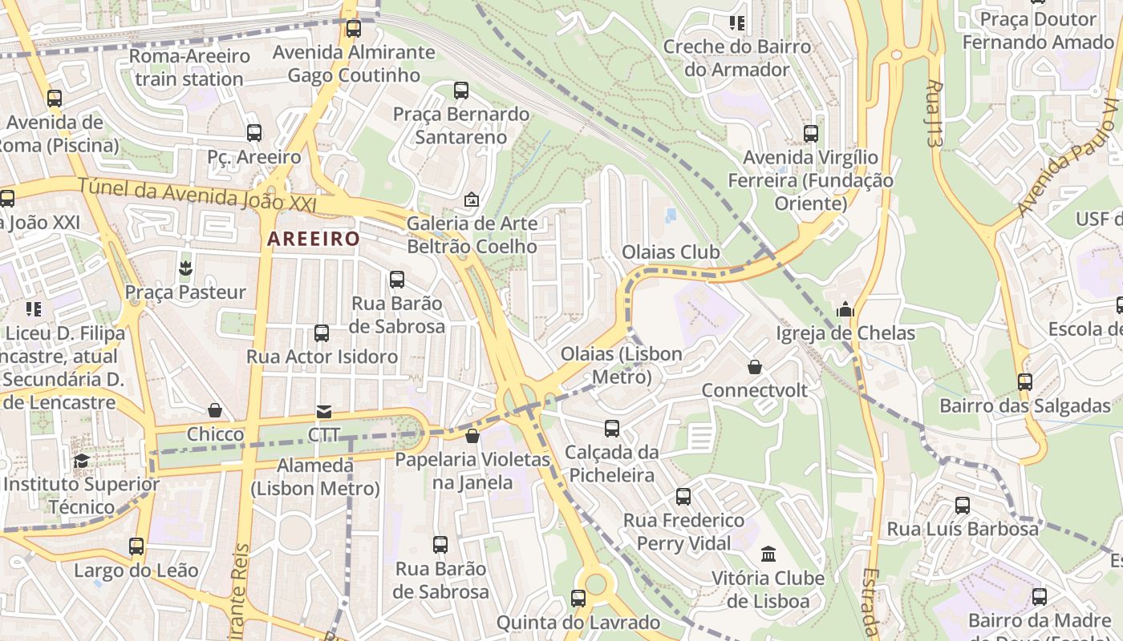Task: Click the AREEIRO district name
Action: coord(314,239)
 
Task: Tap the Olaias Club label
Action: coord(671,252)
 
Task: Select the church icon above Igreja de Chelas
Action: coord(845,310)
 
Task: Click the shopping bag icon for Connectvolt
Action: coord(755,367)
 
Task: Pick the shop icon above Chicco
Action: coord(215,411)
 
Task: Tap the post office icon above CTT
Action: coord(323,412)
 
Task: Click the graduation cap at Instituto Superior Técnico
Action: coord(81,461)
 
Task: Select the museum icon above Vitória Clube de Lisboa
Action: coord(768,554)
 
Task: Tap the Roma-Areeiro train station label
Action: coord(189,67)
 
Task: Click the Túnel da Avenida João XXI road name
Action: coord(197,196)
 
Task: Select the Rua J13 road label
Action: coord(933,113)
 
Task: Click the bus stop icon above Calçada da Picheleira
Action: coord(612,429)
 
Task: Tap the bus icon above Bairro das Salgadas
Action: coord(1025,382)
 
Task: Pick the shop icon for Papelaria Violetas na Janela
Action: coord(472,436)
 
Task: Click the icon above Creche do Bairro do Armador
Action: coord(736,23)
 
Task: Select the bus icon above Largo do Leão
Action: coord(136,546)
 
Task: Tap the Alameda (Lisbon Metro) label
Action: coord(315,477)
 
